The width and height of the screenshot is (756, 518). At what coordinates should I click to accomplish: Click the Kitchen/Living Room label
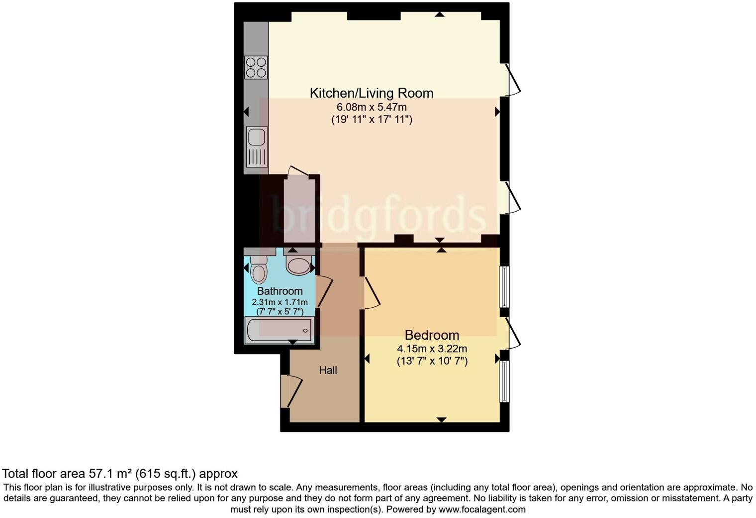(x=371, y=93)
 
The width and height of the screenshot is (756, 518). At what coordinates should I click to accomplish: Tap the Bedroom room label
(x=432, y=335)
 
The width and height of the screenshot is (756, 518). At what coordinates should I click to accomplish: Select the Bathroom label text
(x=280, y=291)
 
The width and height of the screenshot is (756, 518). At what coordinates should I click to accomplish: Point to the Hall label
(x=328, y=371)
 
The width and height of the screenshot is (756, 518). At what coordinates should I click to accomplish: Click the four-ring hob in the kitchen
(x=256, y=68)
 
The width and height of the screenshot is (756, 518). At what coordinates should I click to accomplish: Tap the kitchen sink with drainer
(x=257, y=146)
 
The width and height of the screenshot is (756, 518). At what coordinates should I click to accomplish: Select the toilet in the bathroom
(x=259, y=269)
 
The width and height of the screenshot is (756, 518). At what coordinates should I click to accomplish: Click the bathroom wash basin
(x=298, y=265)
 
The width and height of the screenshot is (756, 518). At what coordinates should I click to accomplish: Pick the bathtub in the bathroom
(x=279, y=330)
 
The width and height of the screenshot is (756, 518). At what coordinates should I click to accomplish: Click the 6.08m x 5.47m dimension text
(x=372, y=107)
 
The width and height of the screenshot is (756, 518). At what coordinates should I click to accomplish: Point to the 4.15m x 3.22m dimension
(x=432, y=349)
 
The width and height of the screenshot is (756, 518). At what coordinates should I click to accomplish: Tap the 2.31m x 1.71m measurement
(x=280, y=302)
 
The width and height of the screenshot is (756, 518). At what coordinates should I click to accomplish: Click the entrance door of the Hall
(x=291, y=391)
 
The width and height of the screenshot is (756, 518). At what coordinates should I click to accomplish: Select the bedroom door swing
(x=372, y=293)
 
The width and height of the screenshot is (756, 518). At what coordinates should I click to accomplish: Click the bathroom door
(x=324, y=292)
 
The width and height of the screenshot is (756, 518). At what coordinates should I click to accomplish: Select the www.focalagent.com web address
(x=482, y=510)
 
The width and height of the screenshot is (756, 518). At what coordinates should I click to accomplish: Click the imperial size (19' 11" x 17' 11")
(x=372, y=120)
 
